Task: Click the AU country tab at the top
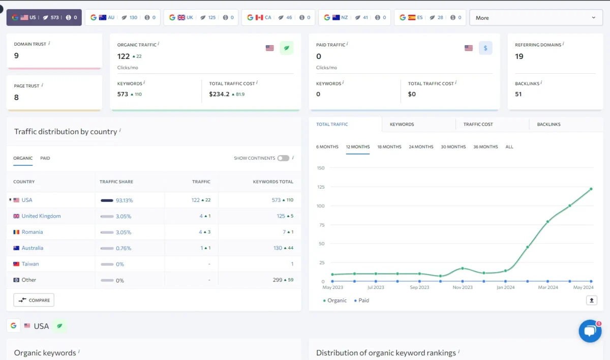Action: [x=122, y=17]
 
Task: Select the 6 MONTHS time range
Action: [x=327, y=147]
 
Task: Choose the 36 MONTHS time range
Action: [x=485, y=147]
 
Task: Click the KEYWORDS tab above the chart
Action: [x=402, y=125]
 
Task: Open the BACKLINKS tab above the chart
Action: [x=548, y=125]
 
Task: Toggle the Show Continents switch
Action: [x=283, y=158]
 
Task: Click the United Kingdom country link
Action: [x=41, y=216]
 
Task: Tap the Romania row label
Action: [x=32, y=232]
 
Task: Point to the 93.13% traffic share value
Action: [x=124, y=200]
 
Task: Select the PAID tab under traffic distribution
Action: [x=45, y=158]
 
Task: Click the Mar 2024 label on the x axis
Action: [x=548, y=287]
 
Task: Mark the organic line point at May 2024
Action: [x=591, y=189]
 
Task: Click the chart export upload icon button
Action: [x=591, y=301]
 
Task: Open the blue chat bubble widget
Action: [x=590, y=331]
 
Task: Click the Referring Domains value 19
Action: [x=519, y=56]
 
